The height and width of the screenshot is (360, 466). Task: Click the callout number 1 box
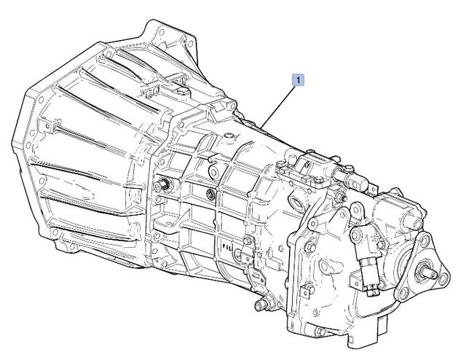pos(299,79)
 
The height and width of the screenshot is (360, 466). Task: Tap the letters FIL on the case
pos(228,247)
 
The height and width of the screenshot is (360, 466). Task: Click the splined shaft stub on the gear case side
pos(163,185)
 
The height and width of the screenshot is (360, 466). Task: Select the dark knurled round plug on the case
pos(210,194)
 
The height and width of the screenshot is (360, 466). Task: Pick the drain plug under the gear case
pos(261,305)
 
